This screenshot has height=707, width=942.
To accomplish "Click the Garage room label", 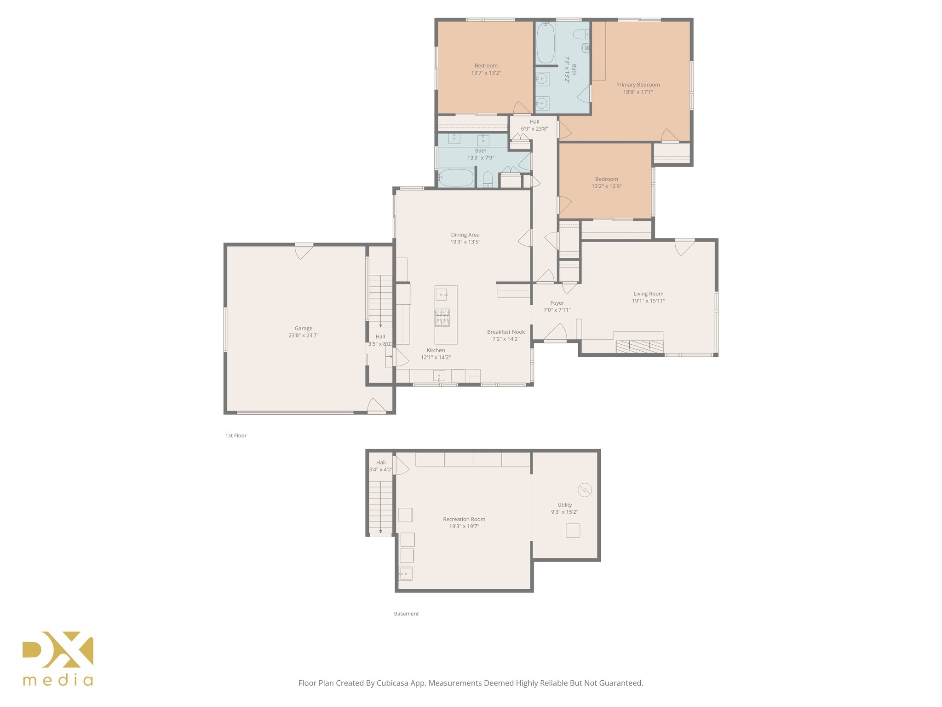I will pos(303,328).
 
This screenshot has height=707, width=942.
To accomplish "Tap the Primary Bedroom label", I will pos(638,85).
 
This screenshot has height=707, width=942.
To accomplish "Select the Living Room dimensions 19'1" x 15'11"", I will pos(648,301).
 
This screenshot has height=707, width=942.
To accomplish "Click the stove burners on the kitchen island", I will pos(442,318).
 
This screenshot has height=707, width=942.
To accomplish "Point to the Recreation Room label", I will pos(464,519).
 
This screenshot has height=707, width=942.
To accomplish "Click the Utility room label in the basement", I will pos(564,505).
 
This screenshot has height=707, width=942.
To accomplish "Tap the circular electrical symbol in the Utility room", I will pos(585,490).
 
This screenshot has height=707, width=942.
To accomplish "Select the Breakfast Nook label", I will pos(505,332).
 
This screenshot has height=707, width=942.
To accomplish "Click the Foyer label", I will pos(557,303).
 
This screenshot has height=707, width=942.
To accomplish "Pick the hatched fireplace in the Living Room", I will pos(639,347).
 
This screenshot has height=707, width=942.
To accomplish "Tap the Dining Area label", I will pos(465,235).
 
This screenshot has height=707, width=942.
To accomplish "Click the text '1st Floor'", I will pos(236,435).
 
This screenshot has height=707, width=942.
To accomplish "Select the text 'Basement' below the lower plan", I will pos(406,614).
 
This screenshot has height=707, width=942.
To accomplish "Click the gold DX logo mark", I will pos(58,649).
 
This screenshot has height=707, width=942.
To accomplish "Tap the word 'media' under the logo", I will pos(58,680).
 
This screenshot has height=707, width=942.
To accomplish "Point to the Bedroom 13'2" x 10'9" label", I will pos(606,180).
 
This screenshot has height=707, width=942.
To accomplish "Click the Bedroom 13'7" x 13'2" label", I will pos(486,66).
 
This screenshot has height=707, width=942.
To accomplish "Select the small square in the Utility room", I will pos(573,531).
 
